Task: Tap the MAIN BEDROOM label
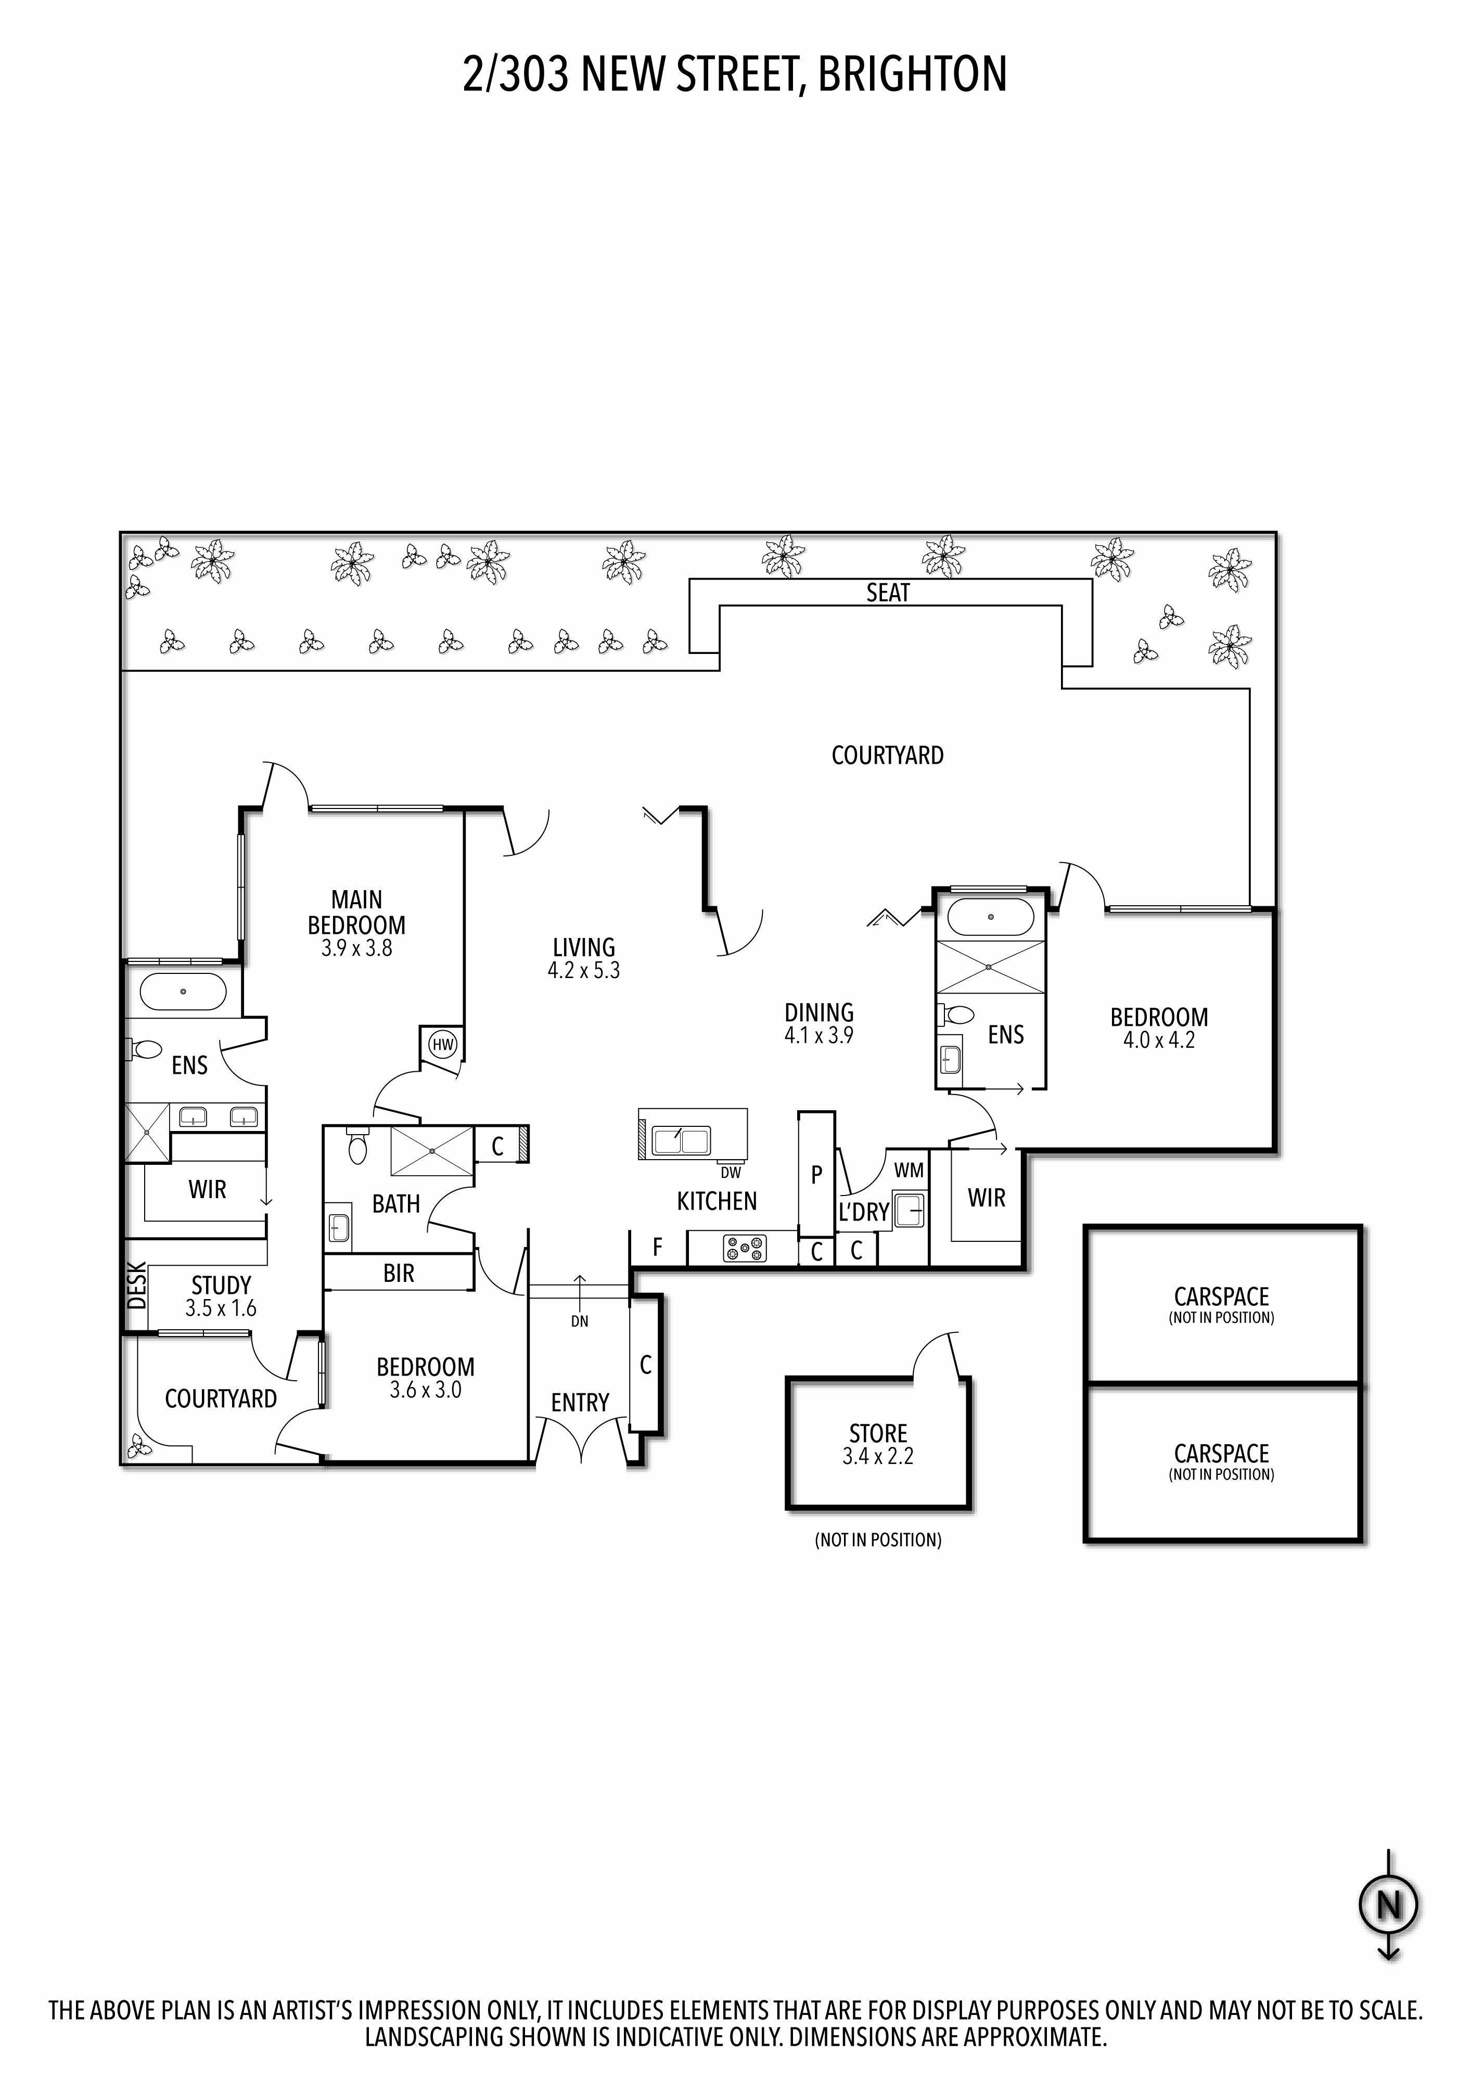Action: pos(356,912)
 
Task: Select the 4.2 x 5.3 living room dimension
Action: pos(584,971)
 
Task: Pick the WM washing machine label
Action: pos(909,1170)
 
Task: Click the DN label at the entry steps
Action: pos(580,1321)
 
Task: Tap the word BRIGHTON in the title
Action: pos(913,74)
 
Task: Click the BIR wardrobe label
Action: pos(399,1274)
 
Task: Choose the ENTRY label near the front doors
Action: pos(580,1403)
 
